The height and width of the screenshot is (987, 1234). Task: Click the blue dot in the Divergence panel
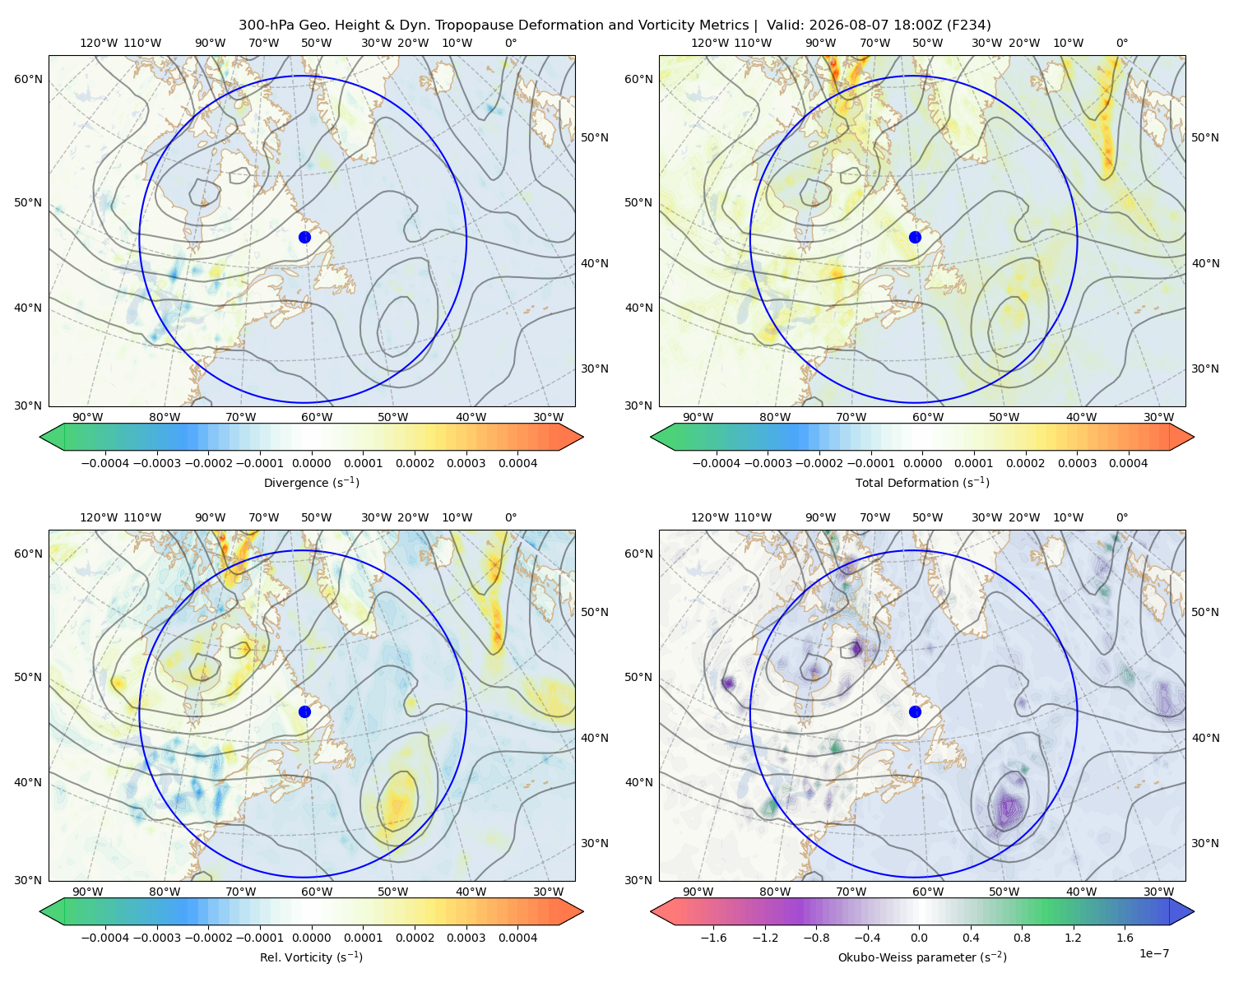tap(304, 237)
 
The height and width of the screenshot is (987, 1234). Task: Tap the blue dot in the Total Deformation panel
tap(915, 237)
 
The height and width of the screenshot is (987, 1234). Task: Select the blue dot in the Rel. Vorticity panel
tap(304, 711)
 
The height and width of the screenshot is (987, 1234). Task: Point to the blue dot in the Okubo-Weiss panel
tap(915, 711)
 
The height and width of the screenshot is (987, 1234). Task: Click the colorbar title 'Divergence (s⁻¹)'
tap(311, 482)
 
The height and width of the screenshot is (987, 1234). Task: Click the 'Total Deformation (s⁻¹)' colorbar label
tap(922, 482)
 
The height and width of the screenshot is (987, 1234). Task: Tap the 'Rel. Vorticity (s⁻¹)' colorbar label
tap(311, 957)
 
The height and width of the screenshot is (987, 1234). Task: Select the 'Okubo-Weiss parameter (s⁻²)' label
tap(922, 957)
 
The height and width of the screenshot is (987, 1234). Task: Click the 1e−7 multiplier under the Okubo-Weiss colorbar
tap(1153, 953)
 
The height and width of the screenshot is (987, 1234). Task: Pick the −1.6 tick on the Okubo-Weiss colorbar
tap(713, 937)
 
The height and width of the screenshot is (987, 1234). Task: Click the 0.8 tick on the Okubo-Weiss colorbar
tap(1022, 937)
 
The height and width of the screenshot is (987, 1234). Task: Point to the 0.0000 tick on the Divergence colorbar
tap(311, 463)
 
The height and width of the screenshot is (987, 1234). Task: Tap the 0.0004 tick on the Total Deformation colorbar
tap(1128, 463)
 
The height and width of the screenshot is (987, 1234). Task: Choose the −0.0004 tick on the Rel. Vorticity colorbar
tap(105, 937)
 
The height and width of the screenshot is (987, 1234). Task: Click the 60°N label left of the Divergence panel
tap(28, 79)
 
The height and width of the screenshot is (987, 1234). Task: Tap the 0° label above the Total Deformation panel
tap(1121, 43)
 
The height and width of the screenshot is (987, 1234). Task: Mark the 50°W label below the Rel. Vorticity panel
tap(392, 892)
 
